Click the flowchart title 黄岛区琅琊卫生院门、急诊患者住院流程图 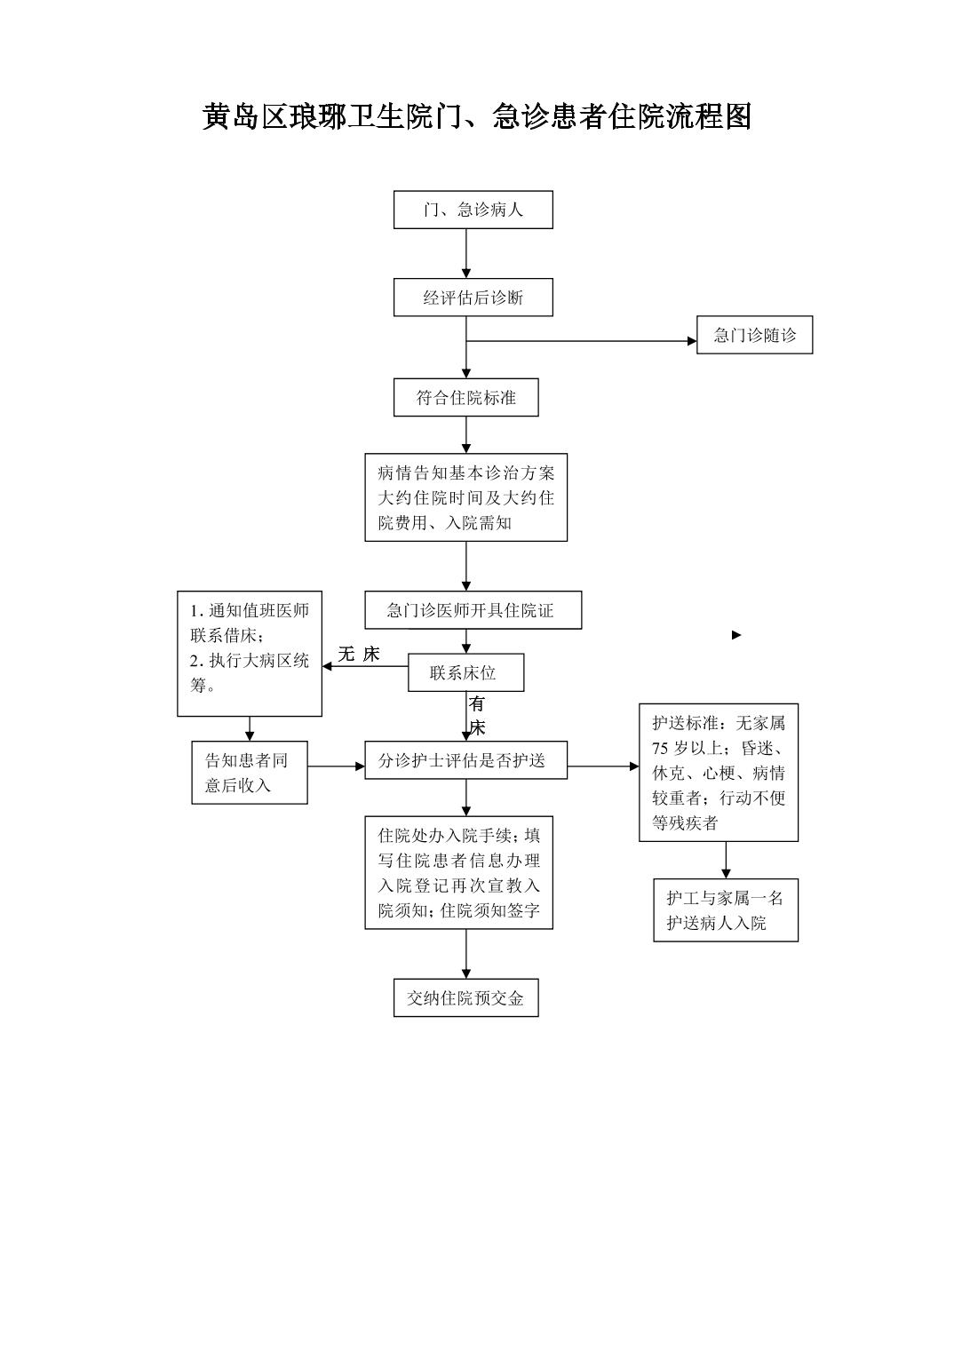(x=477, y=116)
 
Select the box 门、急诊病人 (x=473, y=210)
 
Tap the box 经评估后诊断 (x=473, y=298)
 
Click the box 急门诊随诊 (x=754, y=336)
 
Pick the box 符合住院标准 (x=465, y=398)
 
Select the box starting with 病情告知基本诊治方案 (x=465, y=497)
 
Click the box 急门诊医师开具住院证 (x=473, y=610)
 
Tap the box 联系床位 (x=465, y=672)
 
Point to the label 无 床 (x=358, y=655)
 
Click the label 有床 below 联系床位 (x=477, y=716)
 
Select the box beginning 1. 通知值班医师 (x=250, y=653)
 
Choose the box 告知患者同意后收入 (x=250, y=773)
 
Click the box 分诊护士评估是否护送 (x=465, y=760)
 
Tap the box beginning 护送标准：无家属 (x=718, y=772)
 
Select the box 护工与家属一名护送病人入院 (x=725, y=910)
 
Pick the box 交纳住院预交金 (x=465, y=997)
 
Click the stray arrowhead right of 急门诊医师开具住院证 (x=736, y=635)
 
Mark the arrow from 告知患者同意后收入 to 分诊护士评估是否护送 (x=336, y=766)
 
